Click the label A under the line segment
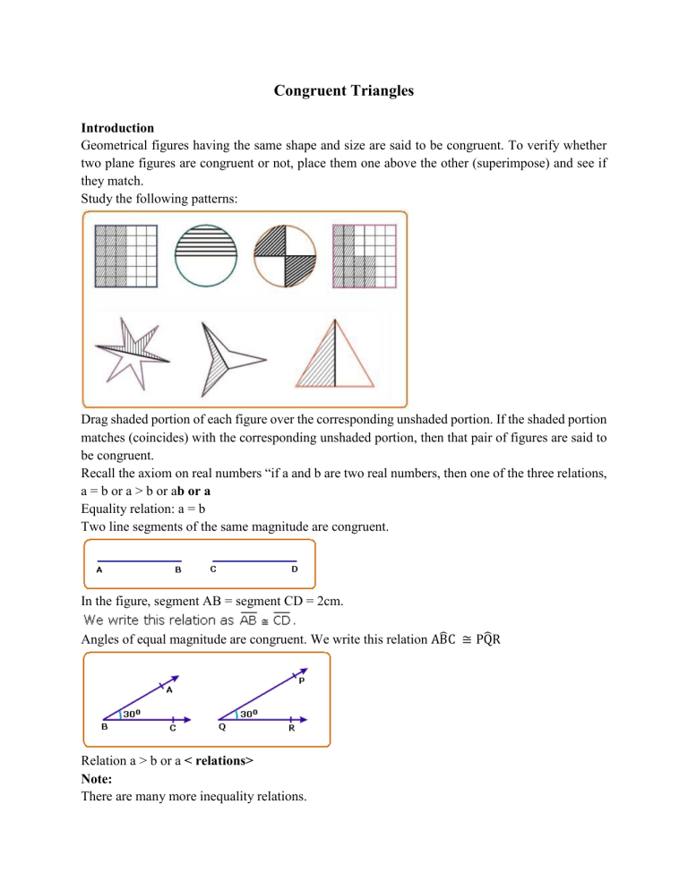coord(99,569)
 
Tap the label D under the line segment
coord(296,569)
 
